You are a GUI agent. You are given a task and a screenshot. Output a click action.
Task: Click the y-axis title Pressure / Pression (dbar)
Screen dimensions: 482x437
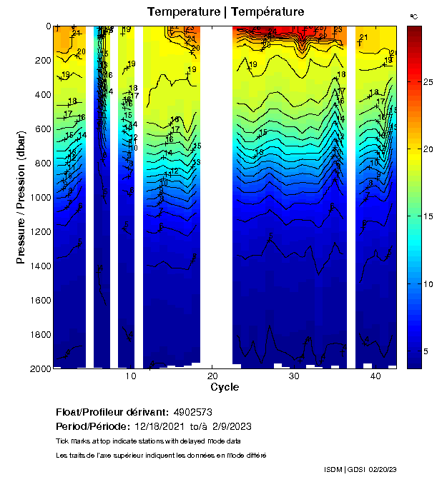[21, 196]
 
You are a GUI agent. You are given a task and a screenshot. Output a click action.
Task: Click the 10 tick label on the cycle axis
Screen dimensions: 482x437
[130, 376]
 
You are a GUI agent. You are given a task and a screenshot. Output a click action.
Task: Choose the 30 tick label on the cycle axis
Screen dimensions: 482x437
[293, 376]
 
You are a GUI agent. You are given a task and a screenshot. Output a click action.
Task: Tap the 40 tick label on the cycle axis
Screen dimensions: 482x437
[375, 376]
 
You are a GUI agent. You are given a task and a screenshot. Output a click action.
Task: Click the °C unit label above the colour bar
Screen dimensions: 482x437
[413, 16]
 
